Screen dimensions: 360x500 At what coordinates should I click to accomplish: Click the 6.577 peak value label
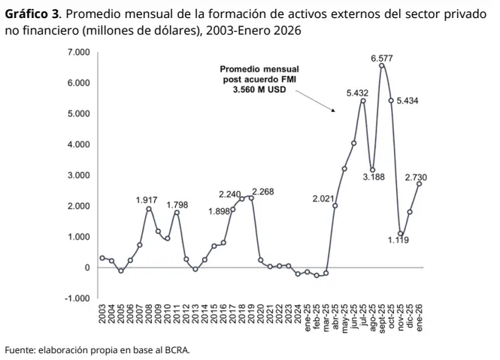(x=381, y=58)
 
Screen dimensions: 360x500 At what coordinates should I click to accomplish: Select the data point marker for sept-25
(x=382, y=65)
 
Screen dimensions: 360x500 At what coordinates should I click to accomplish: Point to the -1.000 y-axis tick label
(x=77, y=298)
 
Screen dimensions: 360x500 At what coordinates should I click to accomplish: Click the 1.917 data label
(x=147, y=200)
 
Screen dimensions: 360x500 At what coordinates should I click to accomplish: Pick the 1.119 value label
(x=398, y=240)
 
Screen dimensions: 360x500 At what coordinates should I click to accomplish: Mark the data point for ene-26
(x=419, y=183)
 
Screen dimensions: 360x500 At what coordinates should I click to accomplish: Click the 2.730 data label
(x=416, y=177)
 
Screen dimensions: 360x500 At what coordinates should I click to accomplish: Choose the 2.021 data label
(x=323, y=198)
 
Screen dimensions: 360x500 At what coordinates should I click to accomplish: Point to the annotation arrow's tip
(x=334, y=112)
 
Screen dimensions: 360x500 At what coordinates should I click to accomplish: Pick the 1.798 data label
(x=177, y=204)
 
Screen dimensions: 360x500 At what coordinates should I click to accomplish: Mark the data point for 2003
(x=102, y=258)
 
